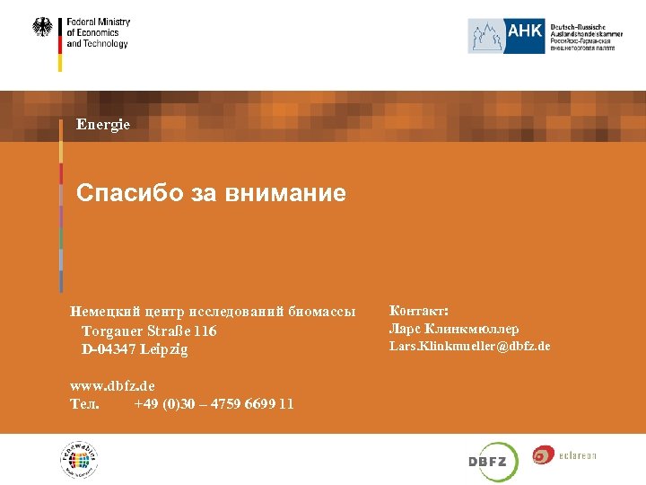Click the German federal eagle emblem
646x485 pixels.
[x=42, y=28]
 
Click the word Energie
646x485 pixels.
[x=103, y=124]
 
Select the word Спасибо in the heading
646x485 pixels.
[x=118, y=193]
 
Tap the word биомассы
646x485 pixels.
[x=323, y=312]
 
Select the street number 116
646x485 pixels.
[x=205, y=331]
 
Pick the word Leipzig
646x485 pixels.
[x=166, y=349]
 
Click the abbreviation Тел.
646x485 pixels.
[x=84, y=404]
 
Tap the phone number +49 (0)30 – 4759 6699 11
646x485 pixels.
[x=214, y=404]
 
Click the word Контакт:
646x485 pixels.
[x=418, y=311]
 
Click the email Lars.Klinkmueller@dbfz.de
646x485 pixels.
[x=469, y=346]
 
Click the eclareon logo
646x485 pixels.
[x=564, y=455]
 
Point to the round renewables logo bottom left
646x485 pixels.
[x=78, y=461]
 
